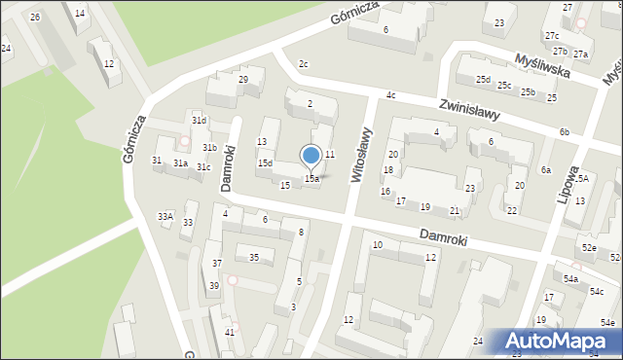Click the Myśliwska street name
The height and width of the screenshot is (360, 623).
(x=558, y=63)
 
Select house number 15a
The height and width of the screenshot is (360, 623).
(x=311, y=179)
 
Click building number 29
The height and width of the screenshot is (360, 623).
(x=243, y=79)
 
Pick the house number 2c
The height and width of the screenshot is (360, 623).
(x=303, y=64)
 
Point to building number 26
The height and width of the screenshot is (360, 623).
(x=35, y=18)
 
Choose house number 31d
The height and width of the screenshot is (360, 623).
(x=199, y=121)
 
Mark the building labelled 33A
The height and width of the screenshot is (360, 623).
(x=165, y=216)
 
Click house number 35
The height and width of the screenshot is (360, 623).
(x=254, y=258)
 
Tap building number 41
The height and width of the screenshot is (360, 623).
(x=230, y=333)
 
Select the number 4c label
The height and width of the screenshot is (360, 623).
(x=390, y=95)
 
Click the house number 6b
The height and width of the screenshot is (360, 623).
(x=565, y=131)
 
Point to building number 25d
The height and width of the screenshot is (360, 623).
(x=483, y=80)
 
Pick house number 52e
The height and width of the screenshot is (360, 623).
(x=589, y=248)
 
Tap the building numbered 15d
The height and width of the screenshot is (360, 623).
(x=265, y=163)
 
